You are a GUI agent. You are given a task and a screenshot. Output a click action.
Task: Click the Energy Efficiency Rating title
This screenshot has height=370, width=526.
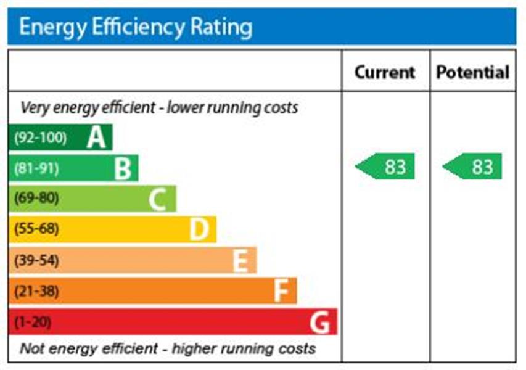136,27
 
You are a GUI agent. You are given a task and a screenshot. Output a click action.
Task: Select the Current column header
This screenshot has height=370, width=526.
385,72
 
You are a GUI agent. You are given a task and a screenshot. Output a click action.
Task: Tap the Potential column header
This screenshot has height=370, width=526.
472,72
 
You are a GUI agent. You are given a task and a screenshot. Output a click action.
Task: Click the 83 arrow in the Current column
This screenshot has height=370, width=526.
387,166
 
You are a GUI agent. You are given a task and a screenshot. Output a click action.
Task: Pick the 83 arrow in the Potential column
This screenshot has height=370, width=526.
474,166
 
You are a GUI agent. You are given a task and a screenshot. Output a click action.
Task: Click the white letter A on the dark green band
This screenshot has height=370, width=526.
96,138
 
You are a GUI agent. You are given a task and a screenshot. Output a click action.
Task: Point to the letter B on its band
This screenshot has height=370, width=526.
123,168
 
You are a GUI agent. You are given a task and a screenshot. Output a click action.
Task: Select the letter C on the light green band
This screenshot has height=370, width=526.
158,199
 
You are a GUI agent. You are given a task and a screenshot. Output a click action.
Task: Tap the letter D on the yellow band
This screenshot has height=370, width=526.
199,229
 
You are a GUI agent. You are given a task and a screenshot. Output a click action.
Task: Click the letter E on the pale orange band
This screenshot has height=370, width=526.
240,260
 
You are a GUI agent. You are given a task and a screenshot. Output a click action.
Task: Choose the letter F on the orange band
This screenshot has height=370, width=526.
281,291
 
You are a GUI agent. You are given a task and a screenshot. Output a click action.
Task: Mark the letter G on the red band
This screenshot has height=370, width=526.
321,322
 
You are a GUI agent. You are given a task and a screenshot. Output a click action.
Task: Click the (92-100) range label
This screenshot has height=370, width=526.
39,138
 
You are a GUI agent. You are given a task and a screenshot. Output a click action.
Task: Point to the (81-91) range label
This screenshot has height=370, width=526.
36,168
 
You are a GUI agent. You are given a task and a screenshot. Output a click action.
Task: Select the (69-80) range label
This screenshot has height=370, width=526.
36,199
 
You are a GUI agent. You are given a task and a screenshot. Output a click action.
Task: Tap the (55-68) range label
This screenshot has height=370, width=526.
36,229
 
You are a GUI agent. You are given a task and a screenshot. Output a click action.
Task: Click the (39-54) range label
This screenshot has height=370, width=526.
36,260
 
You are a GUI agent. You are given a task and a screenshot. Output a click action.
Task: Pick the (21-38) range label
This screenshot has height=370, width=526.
36,291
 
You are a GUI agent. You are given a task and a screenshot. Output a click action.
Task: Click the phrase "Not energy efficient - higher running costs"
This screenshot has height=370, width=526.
168,348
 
